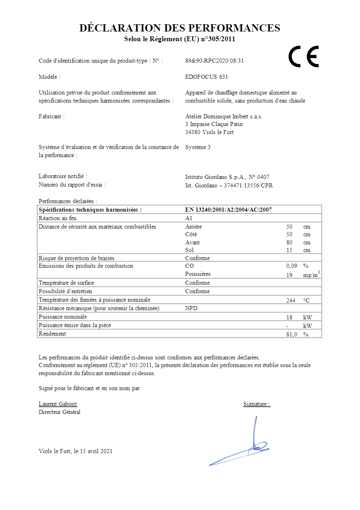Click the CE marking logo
[x=303, y=57]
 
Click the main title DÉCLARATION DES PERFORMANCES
[x=180, y=28]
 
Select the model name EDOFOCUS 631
[x=206, y=77]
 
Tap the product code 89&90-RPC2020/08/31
[x=214, y=61]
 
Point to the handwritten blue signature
[x=242, y=448]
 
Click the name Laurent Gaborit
[x=58, y=404]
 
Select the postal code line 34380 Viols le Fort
[x=209, y=132]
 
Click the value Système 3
[x=198, y=147]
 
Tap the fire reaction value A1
[x=189, y=218]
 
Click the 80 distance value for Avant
[x=289, y=242]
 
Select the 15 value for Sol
[x=289, y=250]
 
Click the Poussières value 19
[x=289, y=275]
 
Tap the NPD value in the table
[x=191, y=308]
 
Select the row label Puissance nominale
[x=63, y=317]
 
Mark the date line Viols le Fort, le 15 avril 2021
[x=75, y=451]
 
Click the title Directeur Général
[x=59, y=412]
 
